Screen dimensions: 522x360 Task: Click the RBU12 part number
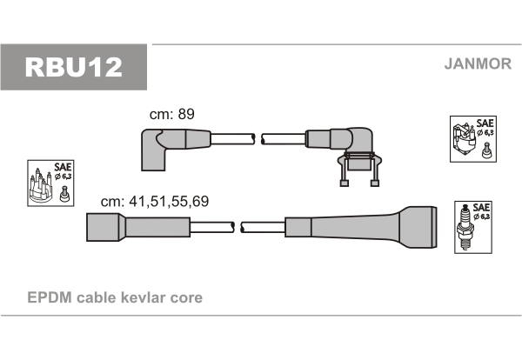[74, 67]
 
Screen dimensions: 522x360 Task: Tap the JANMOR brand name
[478, 63]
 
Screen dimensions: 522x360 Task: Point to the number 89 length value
[186, 114]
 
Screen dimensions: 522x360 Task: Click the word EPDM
[50, 297]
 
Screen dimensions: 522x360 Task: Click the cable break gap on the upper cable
[258, 139]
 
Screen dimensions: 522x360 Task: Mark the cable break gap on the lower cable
[238, 227]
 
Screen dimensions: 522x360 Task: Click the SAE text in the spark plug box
[481, 207]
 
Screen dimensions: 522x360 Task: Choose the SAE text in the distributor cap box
[63, 166]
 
